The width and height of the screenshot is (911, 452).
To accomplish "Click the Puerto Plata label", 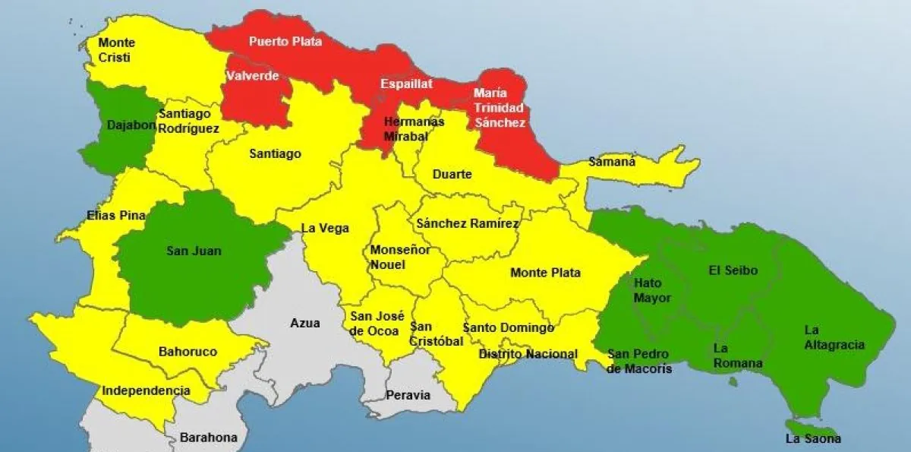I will click(285, 41).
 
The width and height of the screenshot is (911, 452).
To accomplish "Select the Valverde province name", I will click(253, 76).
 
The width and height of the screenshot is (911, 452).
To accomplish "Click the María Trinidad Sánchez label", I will click(499, 107).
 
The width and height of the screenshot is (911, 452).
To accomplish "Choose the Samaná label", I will click(612, 161).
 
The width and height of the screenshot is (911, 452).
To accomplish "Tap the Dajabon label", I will click(132, 125).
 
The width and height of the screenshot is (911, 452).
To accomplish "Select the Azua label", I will click(304, 323).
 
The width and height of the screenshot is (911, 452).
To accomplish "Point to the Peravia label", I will click(408, 395).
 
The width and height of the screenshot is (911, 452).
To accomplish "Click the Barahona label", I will click(208, 438).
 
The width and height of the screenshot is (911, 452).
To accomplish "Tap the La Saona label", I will click(813, 439).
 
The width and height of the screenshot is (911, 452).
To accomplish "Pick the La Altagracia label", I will click(834, 337).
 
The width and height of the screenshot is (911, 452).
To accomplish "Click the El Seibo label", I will click(733, 270).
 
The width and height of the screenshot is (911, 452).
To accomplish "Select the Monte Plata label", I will click(545, 273).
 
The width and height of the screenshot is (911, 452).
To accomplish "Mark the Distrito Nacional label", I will click(528, 354).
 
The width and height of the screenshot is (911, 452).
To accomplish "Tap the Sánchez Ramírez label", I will click(467, 223).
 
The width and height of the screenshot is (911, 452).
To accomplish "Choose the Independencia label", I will click(146, 390).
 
